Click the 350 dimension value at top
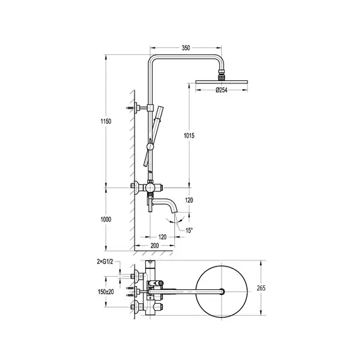[186, 48]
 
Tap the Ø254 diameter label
[221, 90]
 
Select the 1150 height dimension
[106, 121]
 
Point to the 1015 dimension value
[189, 136]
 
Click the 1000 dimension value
[106, 220]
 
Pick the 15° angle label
[189, 231]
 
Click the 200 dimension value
[155, 246]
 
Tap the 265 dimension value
[261, 288]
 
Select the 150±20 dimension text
[106, 292]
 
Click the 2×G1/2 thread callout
[105, 261]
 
